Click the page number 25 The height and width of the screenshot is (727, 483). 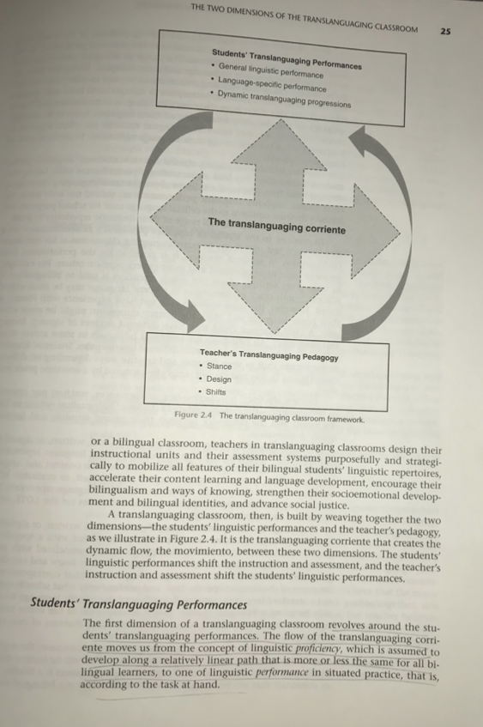coord(445,32)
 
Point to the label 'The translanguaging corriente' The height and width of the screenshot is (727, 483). coord(276,228)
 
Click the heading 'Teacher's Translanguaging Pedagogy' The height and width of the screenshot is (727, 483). coord(269,354)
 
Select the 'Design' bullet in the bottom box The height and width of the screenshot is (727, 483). coord(219,379)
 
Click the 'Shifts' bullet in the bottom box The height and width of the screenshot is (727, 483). coord(216,392)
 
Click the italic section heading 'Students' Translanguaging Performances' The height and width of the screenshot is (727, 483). coord(138,604)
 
